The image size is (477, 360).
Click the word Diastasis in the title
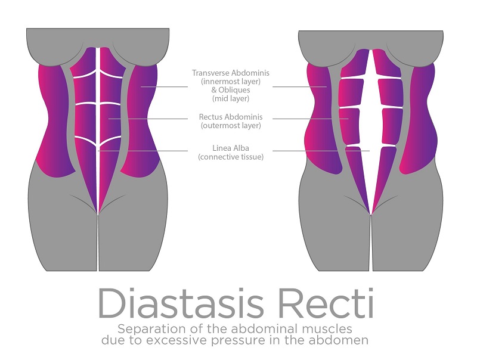pos(181,303)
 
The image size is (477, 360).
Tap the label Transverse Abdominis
pos(231,73)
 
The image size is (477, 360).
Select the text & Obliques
pos(231,90)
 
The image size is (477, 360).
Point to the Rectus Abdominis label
pos(231,117)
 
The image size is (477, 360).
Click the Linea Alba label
pos(231,148)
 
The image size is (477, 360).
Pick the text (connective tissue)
pos(231,157)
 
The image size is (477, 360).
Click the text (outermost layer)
pos(231,126)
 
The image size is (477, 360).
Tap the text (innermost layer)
pos(231,82)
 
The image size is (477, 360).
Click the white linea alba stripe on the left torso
pos(98,131)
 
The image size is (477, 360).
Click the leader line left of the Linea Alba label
pos(143,151)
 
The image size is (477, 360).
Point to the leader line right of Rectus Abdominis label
pos(310,119)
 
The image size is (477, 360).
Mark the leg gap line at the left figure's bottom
pos(98,243)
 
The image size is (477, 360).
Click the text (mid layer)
pos(231,98)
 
